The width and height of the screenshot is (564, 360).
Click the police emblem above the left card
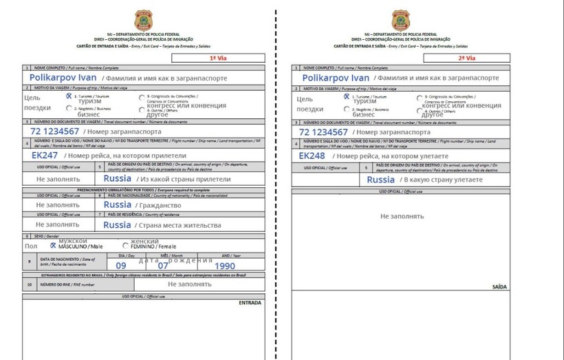click(x=144, y=19)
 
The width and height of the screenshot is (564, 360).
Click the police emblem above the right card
click(x=400, y=19)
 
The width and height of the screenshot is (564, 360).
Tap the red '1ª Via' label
click(x=218, y=59)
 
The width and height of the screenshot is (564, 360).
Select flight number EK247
click(x=45, y=156)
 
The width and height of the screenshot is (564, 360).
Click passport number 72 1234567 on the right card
click(x=323, y=131)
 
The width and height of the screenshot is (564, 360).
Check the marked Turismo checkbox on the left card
click(x=68, y=96)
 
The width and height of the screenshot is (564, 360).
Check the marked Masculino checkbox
click(x=53, y=245)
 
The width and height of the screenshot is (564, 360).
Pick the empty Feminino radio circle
click(x=125, y=245)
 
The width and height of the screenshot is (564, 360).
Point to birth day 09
click(x=121, y=266)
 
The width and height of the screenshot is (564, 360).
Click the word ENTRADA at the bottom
click(x=249, y=302)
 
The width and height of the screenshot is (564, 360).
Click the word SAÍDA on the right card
click(x=499, y=286)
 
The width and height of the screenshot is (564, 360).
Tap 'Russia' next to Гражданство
click(x=117, y=204)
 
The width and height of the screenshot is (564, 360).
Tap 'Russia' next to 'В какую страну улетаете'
click(x=380, y=180)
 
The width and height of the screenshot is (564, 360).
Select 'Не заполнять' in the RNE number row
click(x=190, y=284)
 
